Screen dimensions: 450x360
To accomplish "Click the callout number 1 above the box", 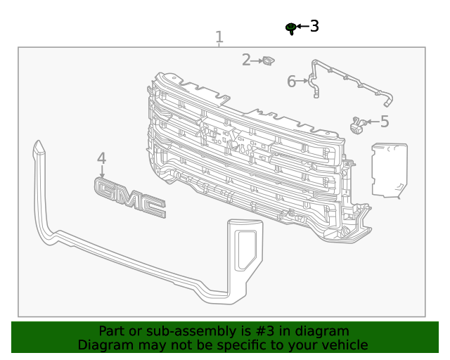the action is (x=219, y=37).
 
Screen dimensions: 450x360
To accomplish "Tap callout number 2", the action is (x=246, y=60).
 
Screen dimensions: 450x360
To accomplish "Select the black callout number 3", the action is (x=314, y=26).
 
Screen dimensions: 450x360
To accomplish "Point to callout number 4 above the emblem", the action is (x=101, y=158).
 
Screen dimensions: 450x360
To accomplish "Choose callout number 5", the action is (x=385, y=122).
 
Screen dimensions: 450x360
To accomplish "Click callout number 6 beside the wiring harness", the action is (x=291, y=82).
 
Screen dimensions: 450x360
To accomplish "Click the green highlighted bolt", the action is (x=291, y=29).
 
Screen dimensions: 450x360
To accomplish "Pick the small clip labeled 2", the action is (x=269, y=61).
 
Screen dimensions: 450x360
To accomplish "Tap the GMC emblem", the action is (x=130, y=198).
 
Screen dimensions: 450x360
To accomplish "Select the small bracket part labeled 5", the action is (x=358, y=125).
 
